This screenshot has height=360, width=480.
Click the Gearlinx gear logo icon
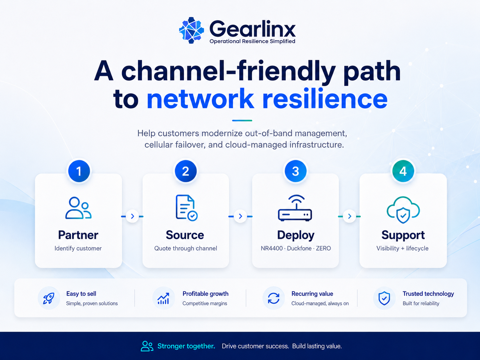192,30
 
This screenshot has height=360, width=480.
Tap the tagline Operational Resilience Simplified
252,41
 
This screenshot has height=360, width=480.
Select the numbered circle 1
79,171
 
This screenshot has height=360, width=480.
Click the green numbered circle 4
403,171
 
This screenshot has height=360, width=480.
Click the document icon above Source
187,208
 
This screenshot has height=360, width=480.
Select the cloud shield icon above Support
403,210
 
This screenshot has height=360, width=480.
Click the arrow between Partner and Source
132,216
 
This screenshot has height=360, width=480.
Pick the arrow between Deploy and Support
349,216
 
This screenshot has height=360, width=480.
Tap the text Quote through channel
186,248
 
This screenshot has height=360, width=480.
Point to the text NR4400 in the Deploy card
271,248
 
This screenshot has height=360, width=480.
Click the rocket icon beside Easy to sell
49,298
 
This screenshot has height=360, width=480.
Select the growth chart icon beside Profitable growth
163,298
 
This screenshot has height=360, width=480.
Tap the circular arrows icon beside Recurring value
273,298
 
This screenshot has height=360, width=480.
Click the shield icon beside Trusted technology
384,298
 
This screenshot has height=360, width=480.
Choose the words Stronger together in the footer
186,346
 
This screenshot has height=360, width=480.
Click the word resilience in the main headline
325,98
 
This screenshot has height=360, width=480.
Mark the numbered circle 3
295,171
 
